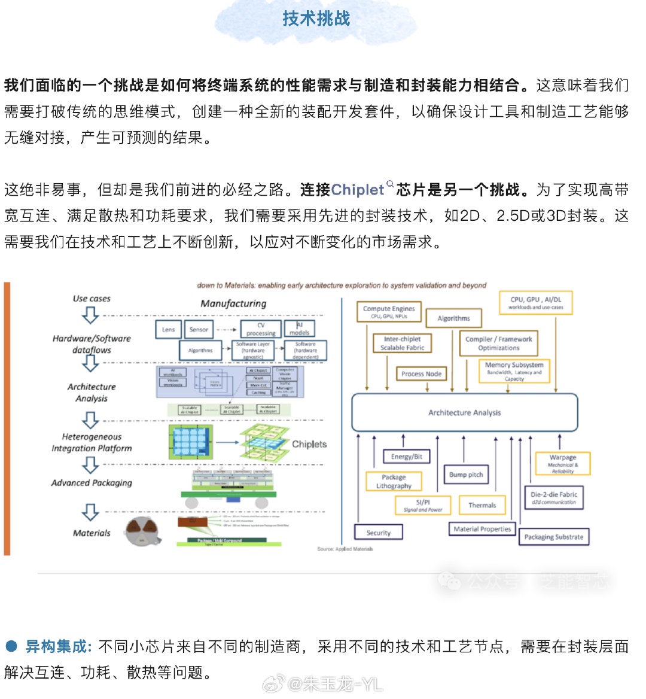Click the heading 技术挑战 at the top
[x=316, y=19]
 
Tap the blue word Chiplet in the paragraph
[x=357, y=190]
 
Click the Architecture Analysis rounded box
[x=464, y=412]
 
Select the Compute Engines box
[x=389, y=312]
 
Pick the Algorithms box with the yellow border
[x=453, y=318]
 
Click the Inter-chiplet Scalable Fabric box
[x=402, y=343]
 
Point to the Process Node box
[x=421, y=373]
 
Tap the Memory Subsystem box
[x=514, y=371]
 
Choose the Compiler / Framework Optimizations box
[x=498, y=343]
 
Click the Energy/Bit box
[x=406, y=457]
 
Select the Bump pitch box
[x=466, y=475]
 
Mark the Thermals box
[x=482, y=505]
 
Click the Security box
[x=378, y=532]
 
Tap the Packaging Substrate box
[x=553, y=537]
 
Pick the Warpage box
[x=562, y=464]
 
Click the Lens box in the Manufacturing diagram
[x=169, y=329]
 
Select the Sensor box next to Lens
[x=199, y=329]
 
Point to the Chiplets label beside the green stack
[x=309, y=444]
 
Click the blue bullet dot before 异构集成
[x=11, y=646]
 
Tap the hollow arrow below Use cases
[x=90, y=315]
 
